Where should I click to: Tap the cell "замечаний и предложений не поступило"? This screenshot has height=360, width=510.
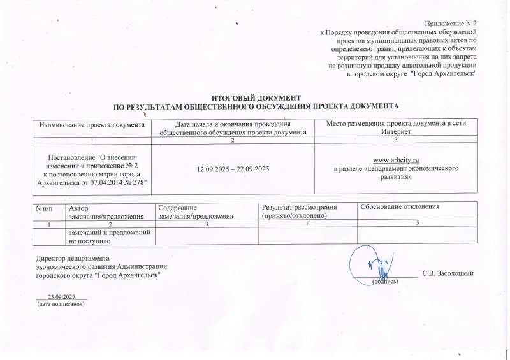click(110, 237)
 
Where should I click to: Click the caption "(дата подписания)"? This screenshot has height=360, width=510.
click(62, 305)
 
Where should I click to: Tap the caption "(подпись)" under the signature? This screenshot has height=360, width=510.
click(385, 281)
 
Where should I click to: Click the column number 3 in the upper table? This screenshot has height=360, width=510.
click(396, 140)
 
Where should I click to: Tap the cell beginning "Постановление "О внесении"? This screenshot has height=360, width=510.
click(93, 170)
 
